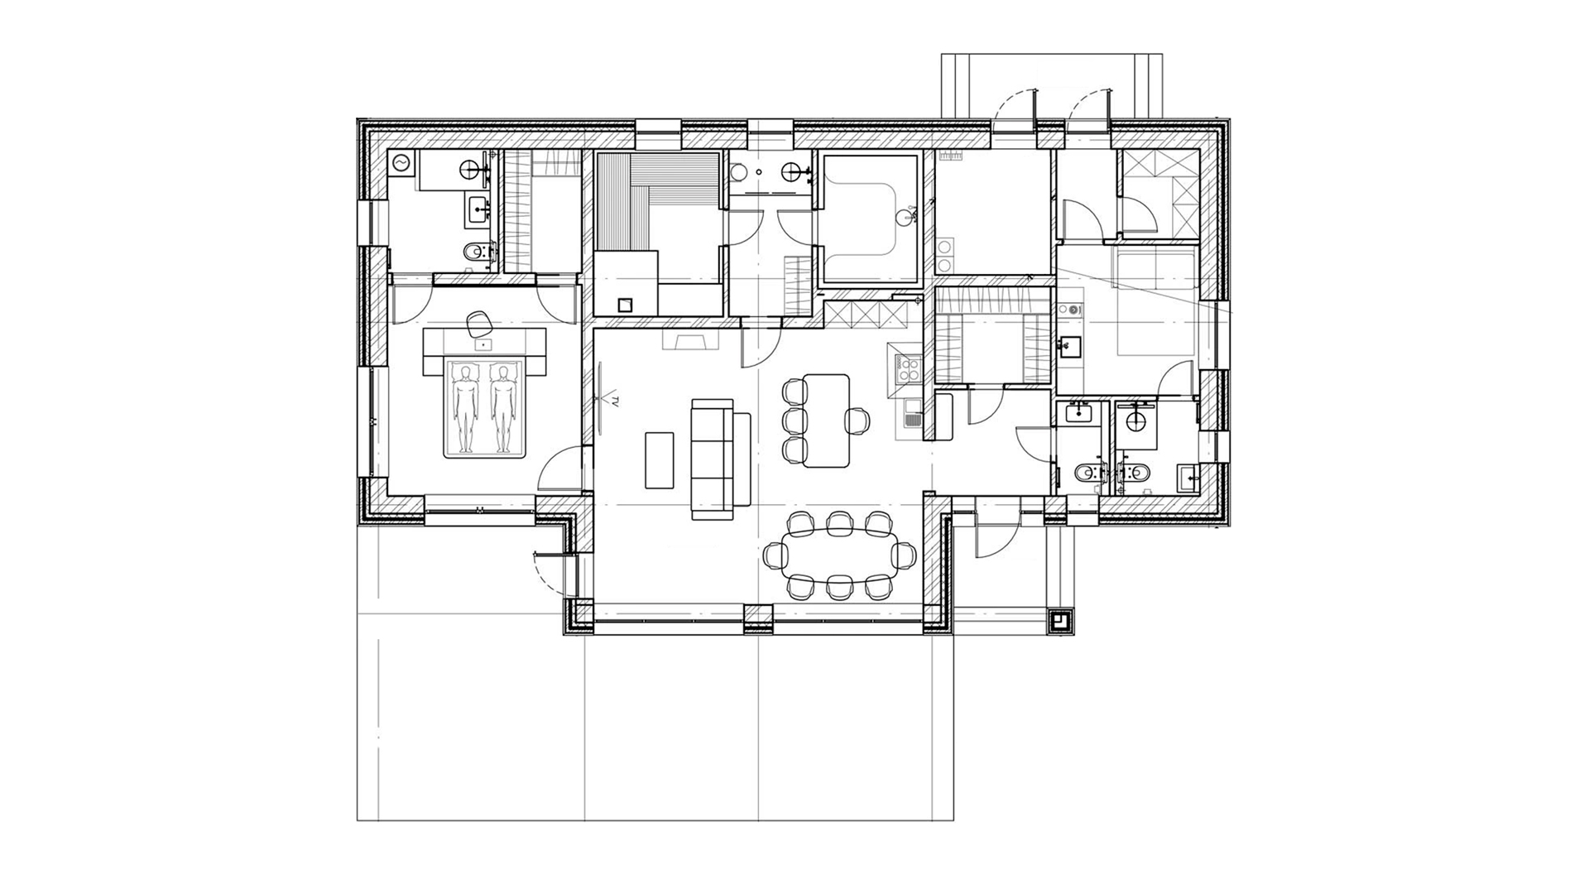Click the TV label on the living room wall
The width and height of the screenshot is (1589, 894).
617,402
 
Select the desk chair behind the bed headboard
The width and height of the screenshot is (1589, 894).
478,324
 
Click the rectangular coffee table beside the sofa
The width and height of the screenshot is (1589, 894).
660,459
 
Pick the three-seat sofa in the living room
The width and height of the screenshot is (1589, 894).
713,459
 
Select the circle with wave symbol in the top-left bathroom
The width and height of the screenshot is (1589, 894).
402,165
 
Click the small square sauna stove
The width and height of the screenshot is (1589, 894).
626,304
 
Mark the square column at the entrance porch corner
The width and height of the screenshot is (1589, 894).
1060,620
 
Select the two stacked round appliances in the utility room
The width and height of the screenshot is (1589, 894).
944,256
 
